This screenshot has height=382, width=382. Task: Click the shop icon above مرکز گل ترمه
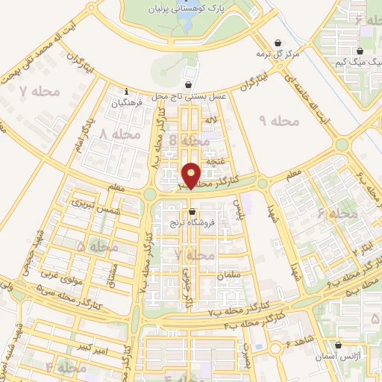278,43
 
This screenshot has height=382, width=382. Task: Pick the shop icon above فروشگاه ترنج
192,210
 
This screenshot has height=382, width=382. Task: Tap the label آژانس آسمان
341,358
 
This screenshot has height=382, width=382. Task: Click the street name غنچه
215,160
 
